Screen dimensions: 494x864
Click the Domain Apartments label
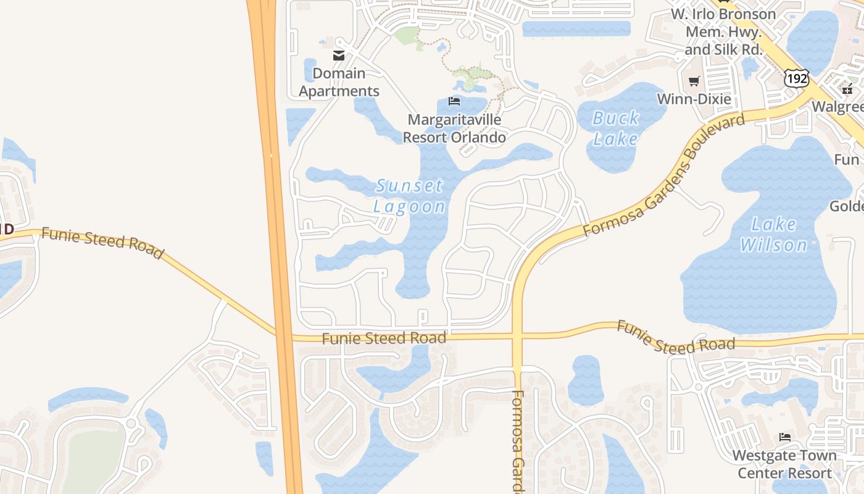coord(339,82)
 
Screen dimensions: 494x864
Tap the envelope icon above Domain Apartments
coord(338,56)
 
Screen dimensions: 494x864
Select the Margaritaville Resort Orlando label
coord(454,128)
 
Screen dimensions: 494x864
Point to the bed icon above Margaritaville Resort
coord(454,101)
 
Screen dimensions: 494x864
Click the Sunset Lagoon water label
coord(409,196)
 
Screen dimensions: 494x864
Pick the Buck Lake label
coord(615,128)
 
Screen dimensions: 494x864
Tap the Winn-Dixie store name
coord(694,99)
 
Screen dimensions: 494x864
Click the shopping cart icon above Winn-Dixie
coord(694,81)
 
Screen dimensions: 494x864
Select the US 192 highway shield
coord(796,78)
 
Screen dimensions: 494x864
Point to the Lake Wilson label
coord(773,235)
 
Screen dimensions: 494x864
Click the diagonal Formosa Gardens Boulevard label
coord(664,176)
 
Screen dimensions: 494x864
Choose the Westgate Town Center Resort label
coord(784,464)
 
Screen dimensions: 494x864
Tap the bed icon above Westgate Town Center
coord(784,437)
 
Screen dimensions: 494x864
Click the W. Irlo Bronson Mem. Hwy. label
coord(723,31)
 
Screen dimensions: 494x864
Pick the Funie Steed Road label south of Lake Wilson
coord(676,337)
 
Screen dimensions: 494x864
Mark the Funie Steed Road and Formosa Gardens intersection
coord(517,337)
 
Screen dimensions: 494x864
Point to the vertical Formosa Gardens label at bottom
coord(517,441)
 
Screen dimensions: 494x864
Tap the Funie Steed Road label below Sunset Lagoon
coord(384,338)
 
